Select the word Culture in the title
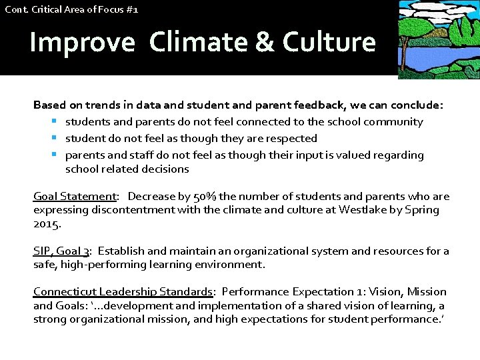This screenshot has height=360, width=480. click(329, 42)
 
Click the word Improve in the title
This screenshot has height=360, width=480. click(82, 42)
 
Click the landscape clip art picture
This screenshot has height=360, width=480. click(438, 39)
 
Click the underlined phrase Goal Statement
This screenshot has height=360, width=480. click(75, 197)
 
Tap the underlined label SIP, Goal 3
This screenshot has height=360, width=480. click(61, 251)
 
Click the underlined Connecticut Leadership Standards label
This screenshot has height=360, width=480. click(123, 292)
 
